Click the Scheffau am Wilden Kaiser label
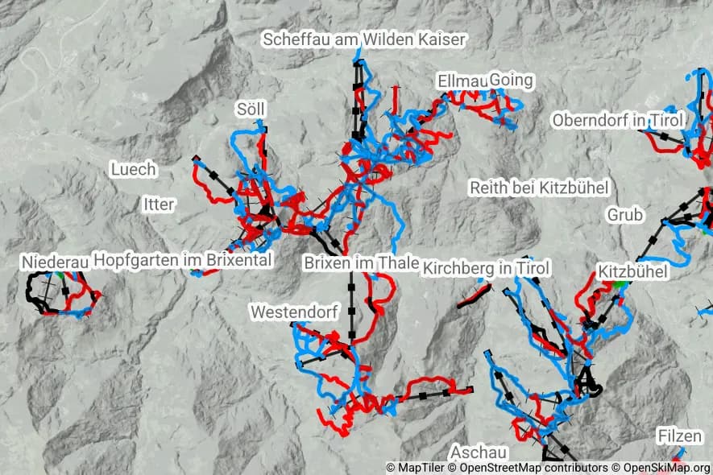pos(365,39)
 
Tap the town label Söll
pos(251,109)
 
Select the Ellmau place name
pos(462,81)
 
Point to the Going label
pos(511,81)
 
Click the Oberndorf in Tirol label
pos(618,120)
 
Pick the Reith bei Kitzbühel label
pos(539,188)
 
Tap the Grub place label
pos(625,214)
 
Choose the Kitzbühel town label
pos(633,272)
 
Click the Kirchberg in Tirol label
pos(486,267)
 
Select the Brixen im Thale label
pos(361,262)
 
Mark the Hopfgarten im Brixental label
pos(183,259)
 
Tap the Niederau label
pos(55,262)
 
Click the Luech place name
pos(133,169)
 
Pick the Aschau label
pos(479,452)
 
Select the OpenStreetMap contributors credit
pos(529,468)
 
